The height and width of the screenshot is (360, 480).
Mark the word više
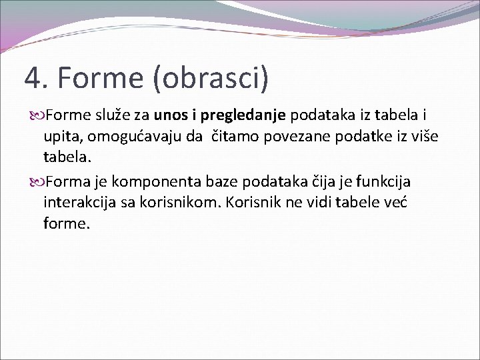422,137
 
